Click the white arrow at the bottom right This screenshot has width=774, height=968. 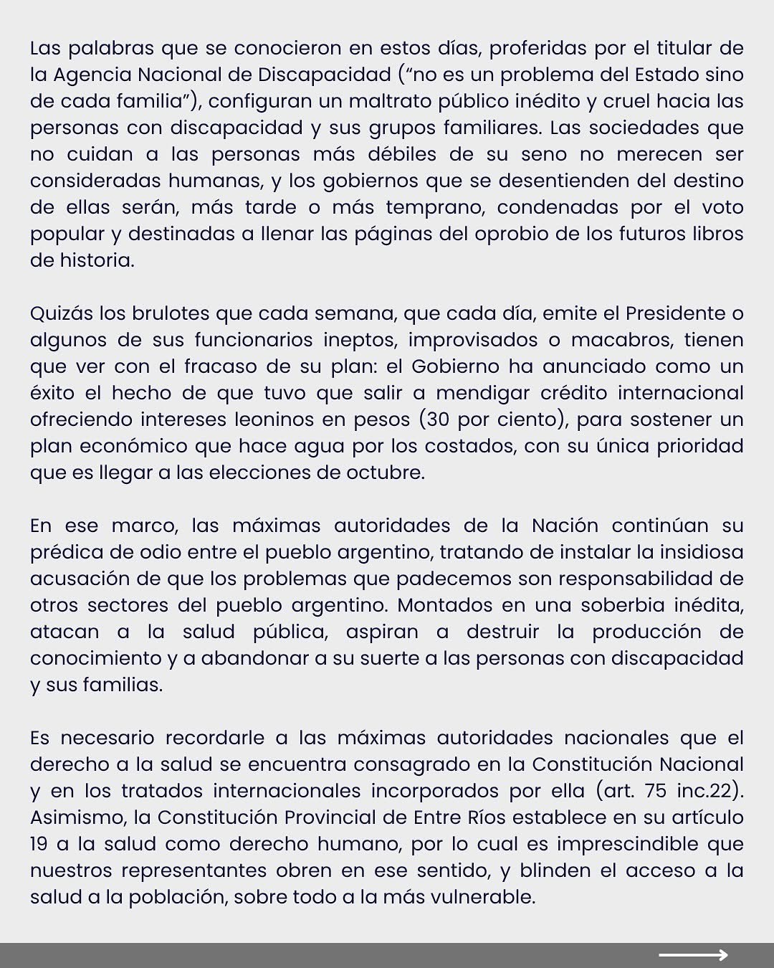(692, 954)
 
